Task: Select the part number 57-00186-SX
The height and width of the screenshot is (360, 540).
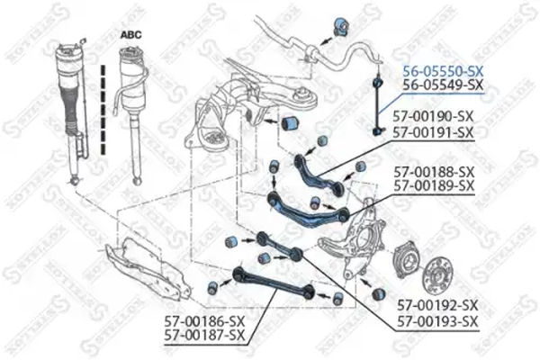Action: tap(204, 321)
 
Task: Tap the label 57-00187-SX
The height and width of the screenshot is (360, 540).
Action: tap(204, 336)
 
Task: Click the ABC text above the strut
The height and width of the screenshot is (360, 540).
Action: tap(131, 32)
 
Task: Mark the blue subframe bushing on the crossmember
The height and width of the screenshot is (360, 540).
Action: tap(291, 121)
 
